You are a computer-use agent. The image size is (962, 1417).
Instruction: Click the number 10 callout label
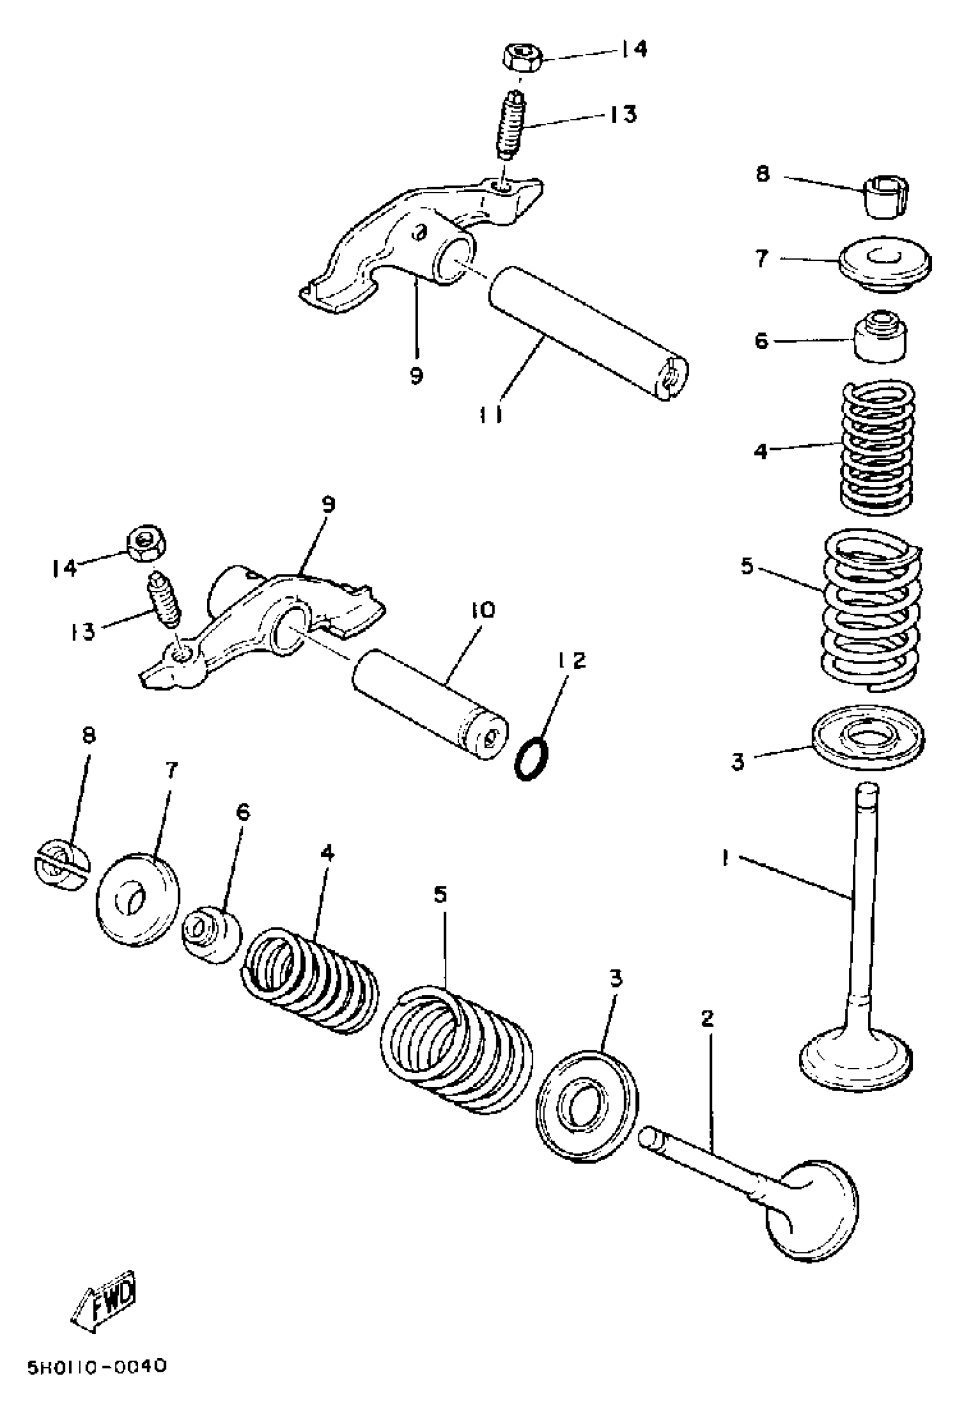pos(482,609)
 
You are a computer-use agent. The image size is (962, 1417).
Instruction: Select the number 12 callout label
pos(570,660)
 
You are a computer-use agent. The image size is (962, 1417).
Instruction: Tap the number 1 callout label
pos(725,858)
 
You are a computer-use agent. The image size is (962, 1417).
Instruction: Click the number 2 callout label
pos(707,1017)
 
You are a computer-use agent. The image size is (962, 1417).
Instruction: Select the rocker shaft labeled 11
pos(589,332)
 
